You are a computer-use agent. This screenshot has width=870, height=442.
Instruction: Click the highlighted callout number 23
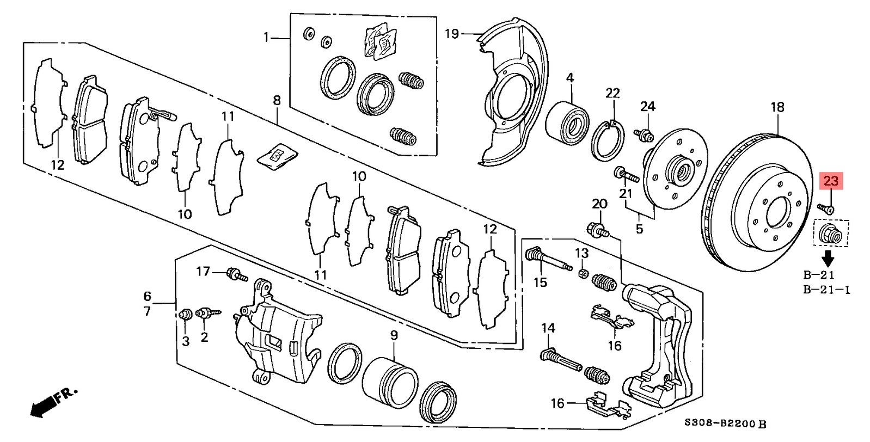[831, 181]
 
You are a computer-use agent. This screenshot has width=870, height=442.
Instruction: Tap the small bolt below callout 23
[825, 208]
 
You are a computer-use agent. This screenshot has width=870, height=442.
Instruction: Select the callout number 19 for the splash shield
[452, 34]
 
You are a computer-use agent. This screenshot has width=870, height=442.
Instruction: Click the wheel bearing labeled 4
[567, 123]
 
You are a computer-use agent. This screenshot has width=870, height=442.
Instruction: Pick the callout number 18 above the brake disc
[777, 107]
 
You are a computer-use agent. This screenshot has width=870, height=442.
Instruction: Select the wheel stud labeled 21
[626, 174]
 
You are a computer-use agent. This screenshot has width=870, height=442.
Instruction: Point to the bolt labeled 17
[236, 274]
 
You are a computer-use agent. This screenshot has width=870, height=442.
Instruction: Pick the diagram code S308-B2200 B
[725, 423]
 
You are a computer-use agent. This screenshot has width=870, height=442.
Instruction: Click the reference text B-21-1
[827, 290]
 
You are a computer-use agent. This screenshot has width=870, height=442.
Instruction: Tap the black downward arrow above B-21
[829, 258]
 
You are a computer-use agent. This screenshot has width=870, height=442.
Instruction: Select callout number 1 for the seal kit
[266, 38]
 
